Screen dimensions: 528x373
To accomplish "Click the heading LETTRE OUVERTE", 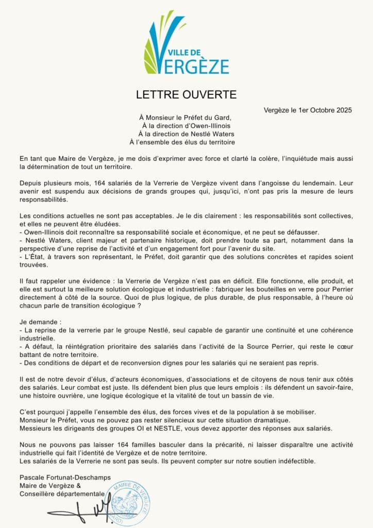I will [x=186, y=95].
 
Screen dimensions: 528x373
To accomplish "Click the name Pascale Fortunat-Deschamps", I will [x=65, y=478].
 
